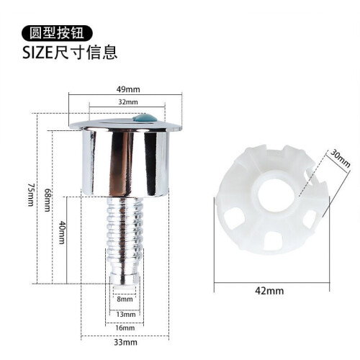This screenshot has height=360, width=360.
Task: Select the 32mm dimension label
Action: coord(128,102)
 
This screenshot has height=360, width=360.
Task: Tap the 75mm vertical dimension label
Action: coord(31,194)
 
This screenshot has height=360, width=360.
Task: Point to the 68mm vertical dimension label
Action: coord(48,199)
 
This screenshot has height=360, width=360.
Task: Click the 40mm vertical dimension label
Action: coord(61,233)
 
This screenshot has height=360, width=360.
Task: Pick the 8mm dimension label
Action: coord(125,299)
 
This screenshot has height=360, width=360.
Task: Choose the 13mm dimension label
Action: coord(126,314)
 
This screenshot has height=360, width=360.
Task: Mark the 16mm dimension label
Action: coord(125,328)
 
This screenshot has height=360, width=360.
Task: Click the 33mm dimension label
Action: coord(125,342)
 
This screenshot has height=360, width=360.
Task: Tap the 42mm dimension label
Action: coord(269,291)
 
